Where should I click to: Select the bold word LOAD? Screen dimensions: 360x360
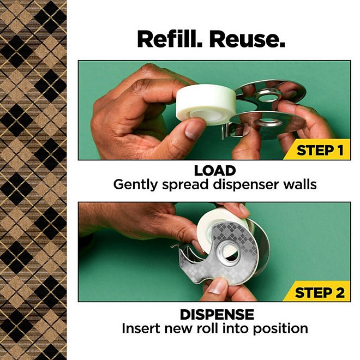tap(214, 170)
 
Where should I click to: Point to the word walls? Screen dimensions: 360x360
tap(298, 184)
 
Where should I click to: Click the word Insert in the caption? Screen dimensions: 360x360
tap(140, 328)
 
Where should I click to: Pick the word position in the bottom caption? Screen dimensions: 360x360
tap(281, 329)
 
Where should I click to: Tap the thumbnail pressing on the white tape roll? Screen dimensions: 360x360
tap(189, 129)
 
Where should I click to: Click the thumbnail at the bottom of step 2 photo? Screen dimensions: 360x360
tap(218, 287)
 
